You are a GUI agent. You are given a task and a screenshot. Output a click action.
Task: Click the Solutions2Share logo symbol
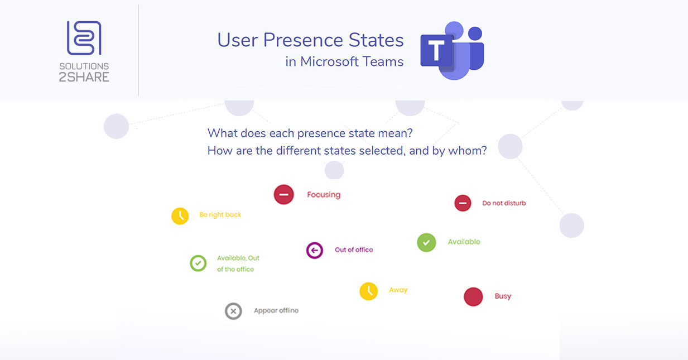coord(84,38)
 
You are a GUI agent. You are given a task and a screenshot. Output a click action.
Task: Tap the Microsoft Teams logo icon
coord(452,51)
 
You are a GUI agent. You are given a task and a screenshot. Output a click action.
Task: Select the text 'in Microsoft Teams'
coord(344,62)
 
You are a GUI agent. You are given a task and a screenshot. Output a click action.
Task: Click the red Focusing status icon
coord(283,194)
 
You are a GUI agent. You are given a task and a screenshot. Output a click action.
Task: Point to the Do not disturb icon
coord(463,203)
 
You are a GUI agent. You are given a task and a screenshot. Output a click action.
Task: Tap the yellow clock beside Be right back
coord(180,215)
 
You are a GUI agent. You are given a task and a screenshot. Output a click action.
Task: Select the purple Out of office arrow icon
coord(315,250)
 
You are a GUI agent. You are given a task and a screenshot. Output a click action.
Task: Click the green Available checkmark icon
coord(426,242)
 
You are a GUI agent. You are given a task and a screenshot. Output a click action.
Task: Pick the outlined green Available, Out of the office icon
coord(198,263)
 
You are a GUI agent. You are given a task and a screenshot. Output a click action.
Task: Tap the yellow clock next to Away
coord(368,291)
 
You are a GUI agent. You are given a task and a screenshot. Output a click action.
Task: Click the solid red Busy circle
coord(473,296)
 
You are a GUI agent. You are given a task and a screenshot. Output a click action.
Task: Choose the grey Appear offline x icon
coord(233,311)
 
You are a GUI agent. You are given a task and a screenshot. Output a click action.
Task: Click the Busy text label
coord(503,296)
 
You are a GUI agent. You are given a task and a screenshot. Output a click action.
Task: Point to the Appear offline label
coord(276,311)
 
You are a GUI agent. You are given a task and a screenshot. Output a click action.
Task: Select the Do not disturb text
coord(504,203)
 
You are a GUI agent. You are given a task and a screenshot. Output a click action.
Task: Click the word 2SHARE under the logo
coord(84,77)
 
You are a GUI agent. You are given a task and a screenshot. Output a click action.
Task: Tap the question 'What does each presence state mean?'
coord(310,133)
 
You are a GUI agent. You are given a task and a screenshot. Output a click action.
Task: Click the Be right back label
coord(220,215)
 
